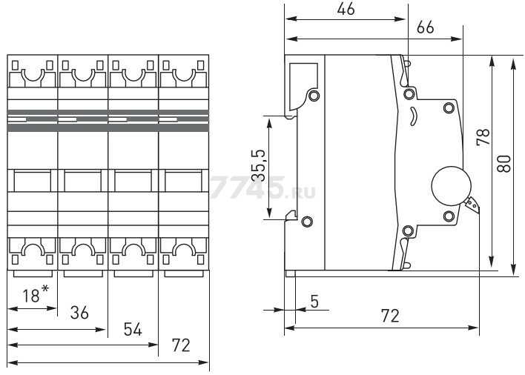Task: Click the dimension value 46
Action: click(345, 9)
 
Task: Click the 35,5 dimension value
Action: click(256, 167)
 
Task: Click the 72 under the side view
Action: click(390, 316)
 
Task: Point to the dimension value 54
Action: click(131, 330)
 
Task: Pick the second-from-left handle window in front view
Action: click(82, 182)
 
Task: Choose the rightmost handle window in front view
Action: click(183, 182)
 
